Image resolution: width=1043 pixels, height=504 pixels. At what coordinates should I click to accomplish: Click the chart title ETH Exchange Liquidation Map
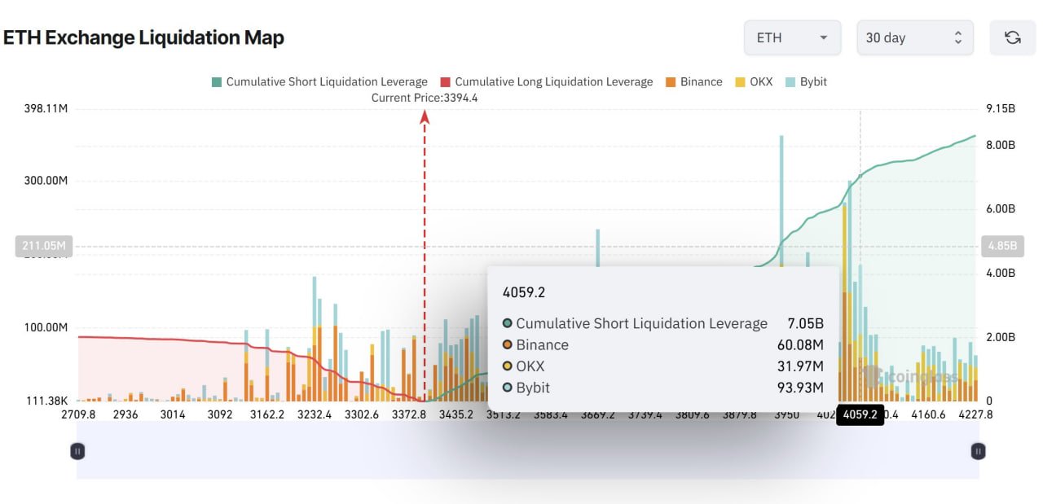(143, 37)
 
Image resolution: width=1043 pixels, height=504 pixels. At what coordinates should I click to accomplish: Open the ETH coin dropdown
(792, 37)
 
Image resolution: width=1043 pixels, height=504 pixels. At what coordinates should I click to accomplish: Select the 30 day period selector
(914, 37)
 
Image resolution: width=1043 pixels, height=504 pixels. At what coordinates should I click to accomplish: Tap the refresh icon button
(1012, 37)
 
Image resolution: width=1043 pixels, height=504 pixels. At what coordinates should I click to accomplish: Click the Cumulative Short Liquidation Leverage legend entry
(319, 81)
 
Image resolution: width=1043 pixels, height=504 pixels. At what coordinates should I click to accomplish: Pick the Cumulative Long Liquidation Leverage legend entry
(546, 81)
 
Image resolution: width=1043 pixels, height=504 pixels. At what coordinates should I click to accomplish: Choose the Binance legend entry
(693, 81)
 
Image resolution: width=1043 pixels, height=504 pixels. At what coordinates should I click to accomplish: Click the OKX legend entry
(755, 81)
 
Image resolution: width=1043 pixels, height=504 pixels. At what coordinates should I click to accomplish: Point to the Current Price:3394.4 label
(424, 98)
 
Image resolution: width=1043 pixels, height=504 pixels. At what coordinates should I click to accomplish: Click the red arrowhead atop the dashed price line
(425, 117)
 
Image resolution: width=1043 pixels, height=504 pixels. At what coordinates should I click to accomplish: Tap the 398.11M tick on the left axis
(46, 108)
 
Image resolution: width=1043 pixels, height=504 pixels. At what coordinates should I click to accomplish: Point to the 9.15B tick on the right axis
(1001, 108)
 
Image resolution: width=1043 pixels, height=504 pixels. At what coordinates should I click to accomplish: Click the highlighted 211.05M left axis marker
(43, 246)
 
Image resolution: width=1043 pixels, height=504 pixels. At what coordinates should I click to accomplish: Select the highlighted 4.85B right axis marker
(1001, 246)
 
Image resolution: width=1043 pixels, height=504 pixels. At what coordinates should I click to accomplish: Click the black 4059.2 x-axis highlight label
(860, 414)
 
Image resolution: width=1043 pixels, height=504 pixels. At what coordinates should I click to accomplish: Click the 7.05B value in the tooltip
(805, 323)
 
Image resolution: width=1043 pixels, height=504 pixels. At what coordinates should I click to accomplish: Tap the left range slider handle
(77, 450)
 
